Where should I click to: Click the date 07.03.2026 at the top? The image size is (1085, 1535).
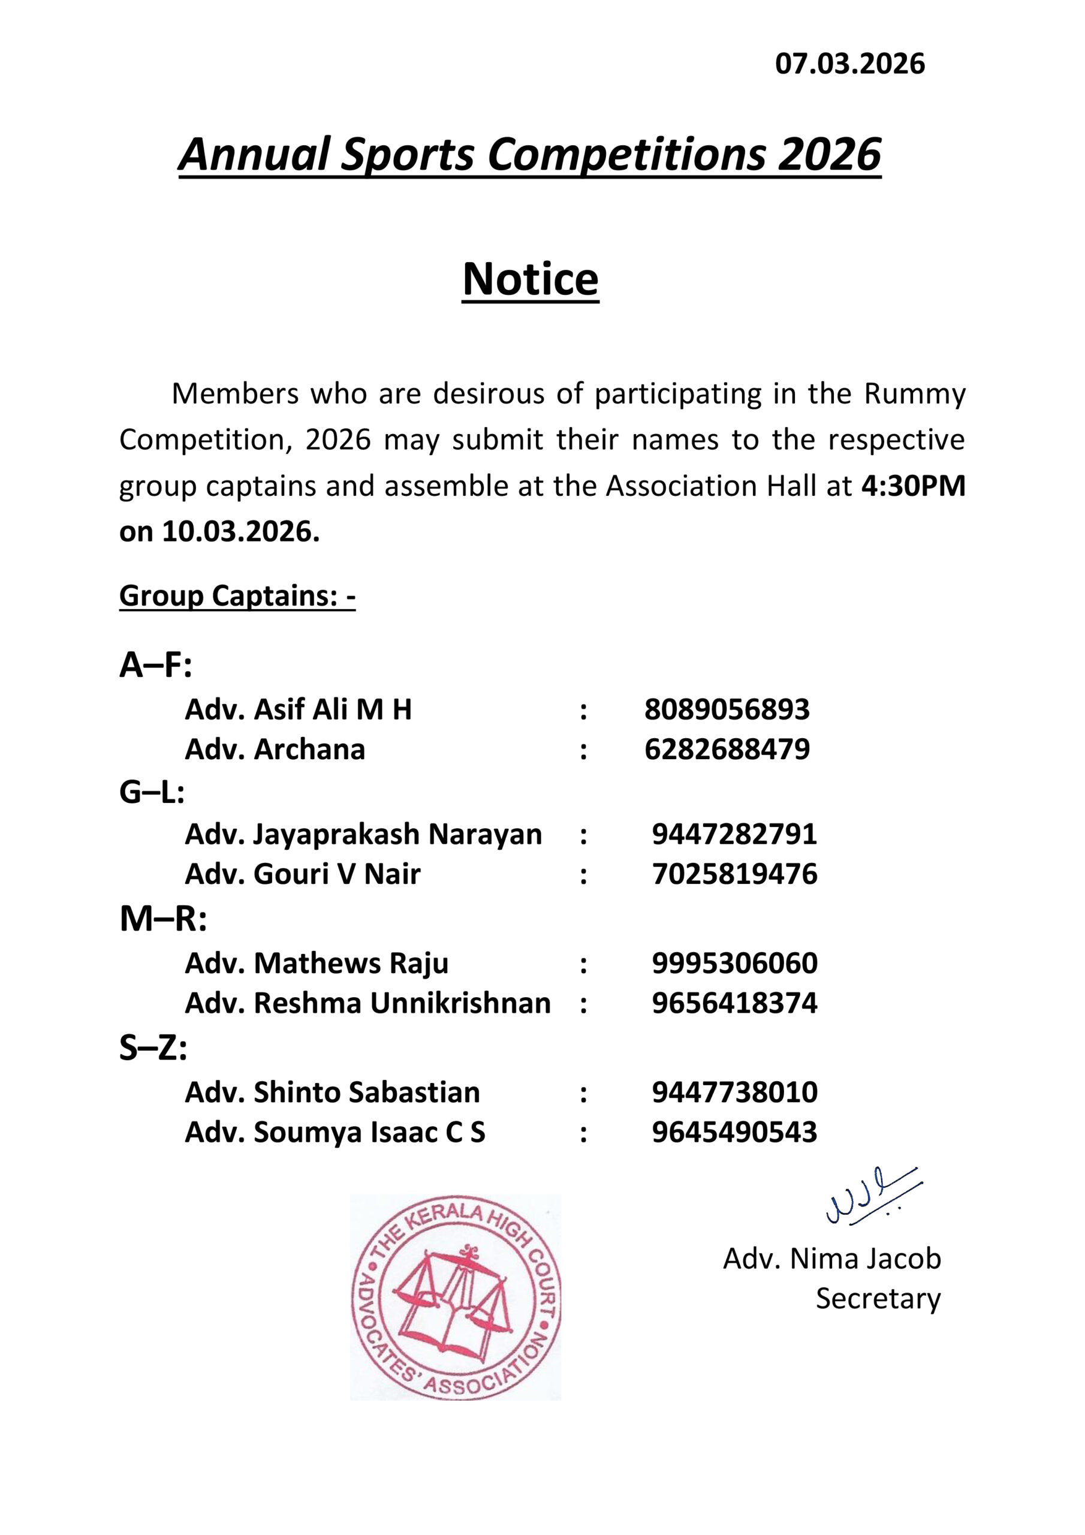(849, 64)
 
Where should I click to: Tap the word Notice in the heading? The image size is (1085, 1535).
(530, 279)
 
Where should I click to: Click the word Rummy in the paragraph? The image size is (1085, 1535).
(914, 395)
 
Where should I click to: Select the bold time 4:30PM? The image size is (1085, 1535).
(913, 486)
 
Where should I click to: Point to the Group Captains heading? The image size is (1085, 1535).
(237, 595)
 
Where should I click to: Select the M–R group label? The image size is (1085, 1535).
(163, 920)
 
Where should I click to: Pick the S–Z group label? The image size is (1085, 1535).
(153, 1048)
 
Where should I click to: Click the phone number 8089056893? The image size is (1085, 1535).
(727, 709)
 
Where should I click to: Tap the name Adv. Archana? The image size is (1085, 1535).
(275, 750)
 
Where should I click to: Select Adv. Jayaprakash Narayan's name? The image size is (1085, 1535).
(363, 834)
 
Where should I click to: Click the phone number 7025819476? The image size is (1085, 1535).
(735, 874)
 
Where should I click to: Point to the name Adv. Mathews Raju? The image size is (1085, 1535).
(316, 964)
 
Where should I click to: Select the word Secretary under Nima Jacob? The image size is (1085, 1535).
(878, 1298)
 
